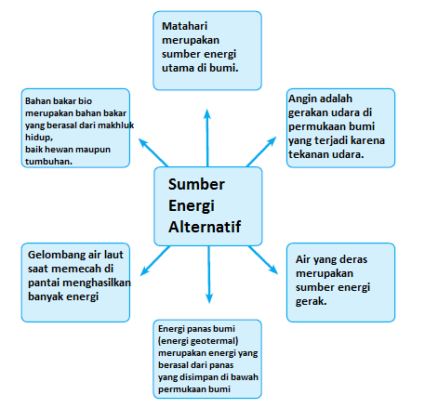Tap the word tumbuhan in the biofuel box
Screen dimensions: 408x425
click(x=49, y=161)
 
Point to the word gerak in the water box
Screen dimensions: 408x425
click(x=315, y=300)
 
